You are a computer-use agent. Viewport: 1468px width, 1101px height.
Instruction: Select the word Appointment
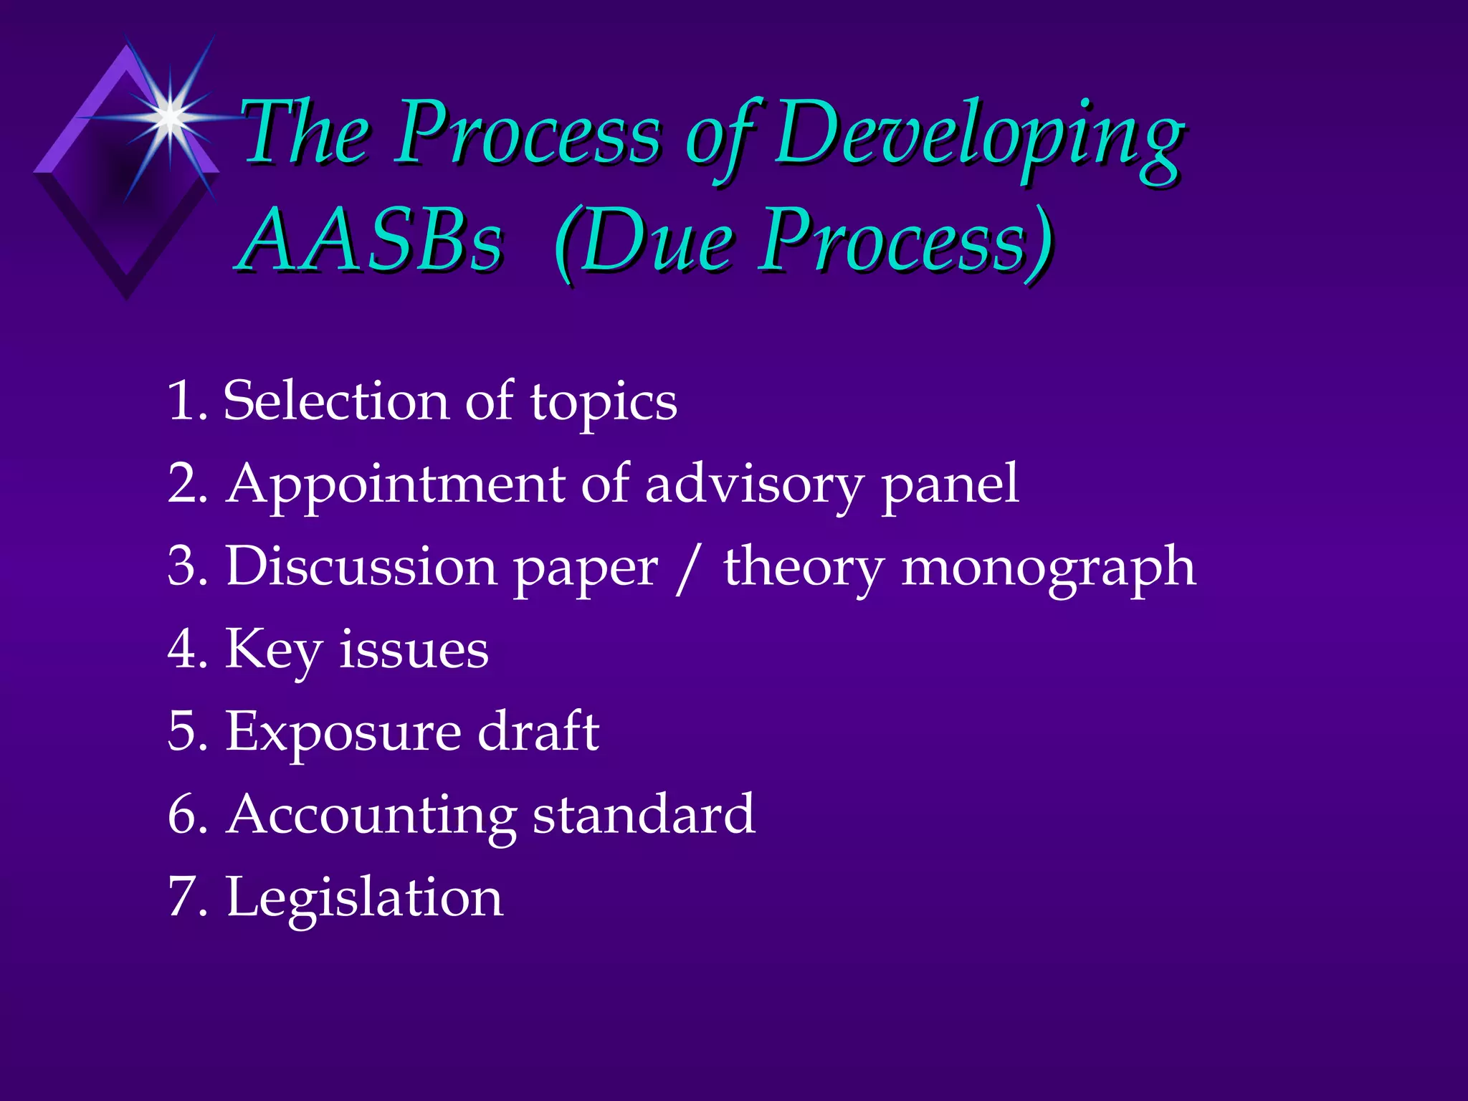click(x=396, y=485)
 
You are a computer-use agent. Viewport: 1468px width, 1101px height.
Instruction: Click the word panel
click(x=950, y=485)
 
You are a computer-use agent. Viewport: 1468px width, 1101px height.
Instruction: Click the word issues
click(x=414, y=649)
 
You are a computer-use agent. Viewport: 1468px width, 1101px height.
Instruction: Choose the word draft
click(x=538, y=731)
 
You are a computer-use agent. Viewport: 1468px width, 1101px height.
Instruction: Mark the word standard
click(x=644, y=814)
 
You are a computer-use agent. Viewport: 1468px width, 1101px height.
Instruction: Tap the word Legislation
click(x=365, y=898)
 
